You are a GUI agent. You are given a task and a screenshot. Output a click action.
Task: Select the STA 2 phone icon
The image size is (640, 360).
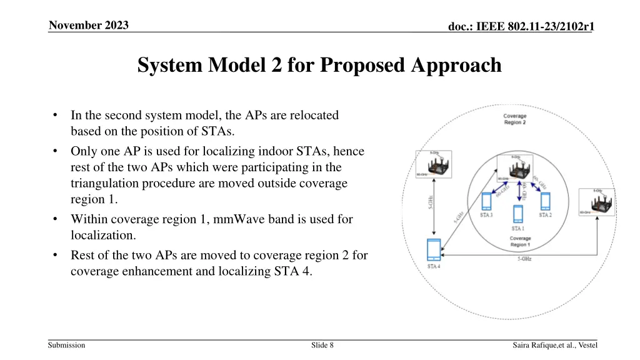(x=545, y=201)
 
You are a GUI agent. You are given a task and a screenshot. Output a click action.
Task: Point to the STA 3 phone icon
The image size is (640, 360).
(x=487, y=201)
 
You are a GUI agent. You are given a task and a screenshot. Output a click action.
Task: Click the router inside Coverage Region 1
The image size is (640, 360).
(x=514, y=167)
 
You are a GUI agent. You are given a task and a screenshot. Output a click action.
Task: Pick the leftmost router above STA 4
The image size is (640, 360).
(x=432, y=164)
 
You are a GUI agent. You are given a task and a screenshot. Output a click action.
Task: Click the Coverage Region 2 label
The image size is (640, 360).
(x=514, y=119)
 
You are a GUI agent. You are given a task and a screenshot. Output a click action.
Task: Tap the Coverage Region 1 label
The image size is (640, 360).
(x=520, y=242)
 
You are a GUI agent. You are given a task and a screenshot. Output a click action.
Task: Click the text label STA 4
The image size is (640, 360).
(x=433, y=267)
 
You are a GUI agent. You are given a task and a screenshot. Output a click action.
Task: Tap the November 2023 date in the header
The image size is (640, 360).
(x=89, y=26)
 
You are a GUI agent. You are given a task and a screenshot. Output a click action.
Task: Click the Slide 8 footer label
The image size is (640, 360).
(x=322, y=345)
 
